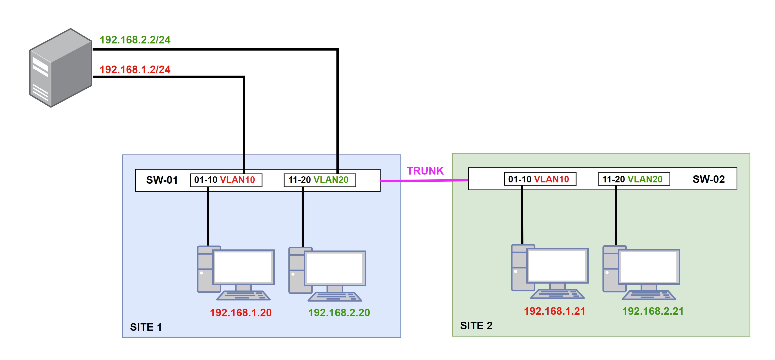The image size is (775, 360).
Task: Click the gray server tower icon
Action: [x=60, y=68]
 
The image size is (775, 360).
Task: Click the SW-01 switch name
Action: [x=162, y=180]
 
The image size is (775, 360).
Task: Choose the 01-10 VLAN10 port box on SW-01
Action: [x=226, y=180]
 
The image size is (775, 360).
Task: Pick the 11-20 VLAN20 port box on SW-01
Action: [x=320, y=180]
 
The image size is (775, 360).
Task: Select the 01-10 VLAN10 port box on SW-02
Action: [x=540, y=179]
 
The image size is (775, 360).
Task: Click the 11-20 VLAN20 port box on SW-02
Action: [x=634, y=179]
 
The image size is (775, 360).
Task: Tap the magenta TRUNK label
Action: [x=425, y=171]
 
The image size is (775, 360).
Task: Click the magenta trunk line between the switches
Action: [x=424, y=181]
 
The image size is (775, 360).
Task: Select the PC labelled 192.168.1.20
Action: [x=236, y=273]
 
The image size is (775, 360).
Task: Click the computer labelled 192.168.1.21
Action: [x=550, y=272]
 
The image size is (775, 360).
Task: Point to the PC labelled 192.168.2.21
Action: [x=641, y=273]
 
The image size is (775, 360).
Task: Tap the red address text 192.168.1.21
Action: [x=554, y=311]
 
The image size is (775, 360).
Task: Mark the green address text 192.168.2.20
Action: [x=339, y=312]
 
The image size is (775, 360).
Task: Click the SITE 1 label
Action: [x=146, y=327]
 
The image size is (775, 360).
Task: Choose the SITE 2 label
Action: [x=476, y=325]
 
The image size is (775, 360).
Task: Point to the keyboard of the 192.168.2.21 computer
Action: [x=649, y=295]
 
